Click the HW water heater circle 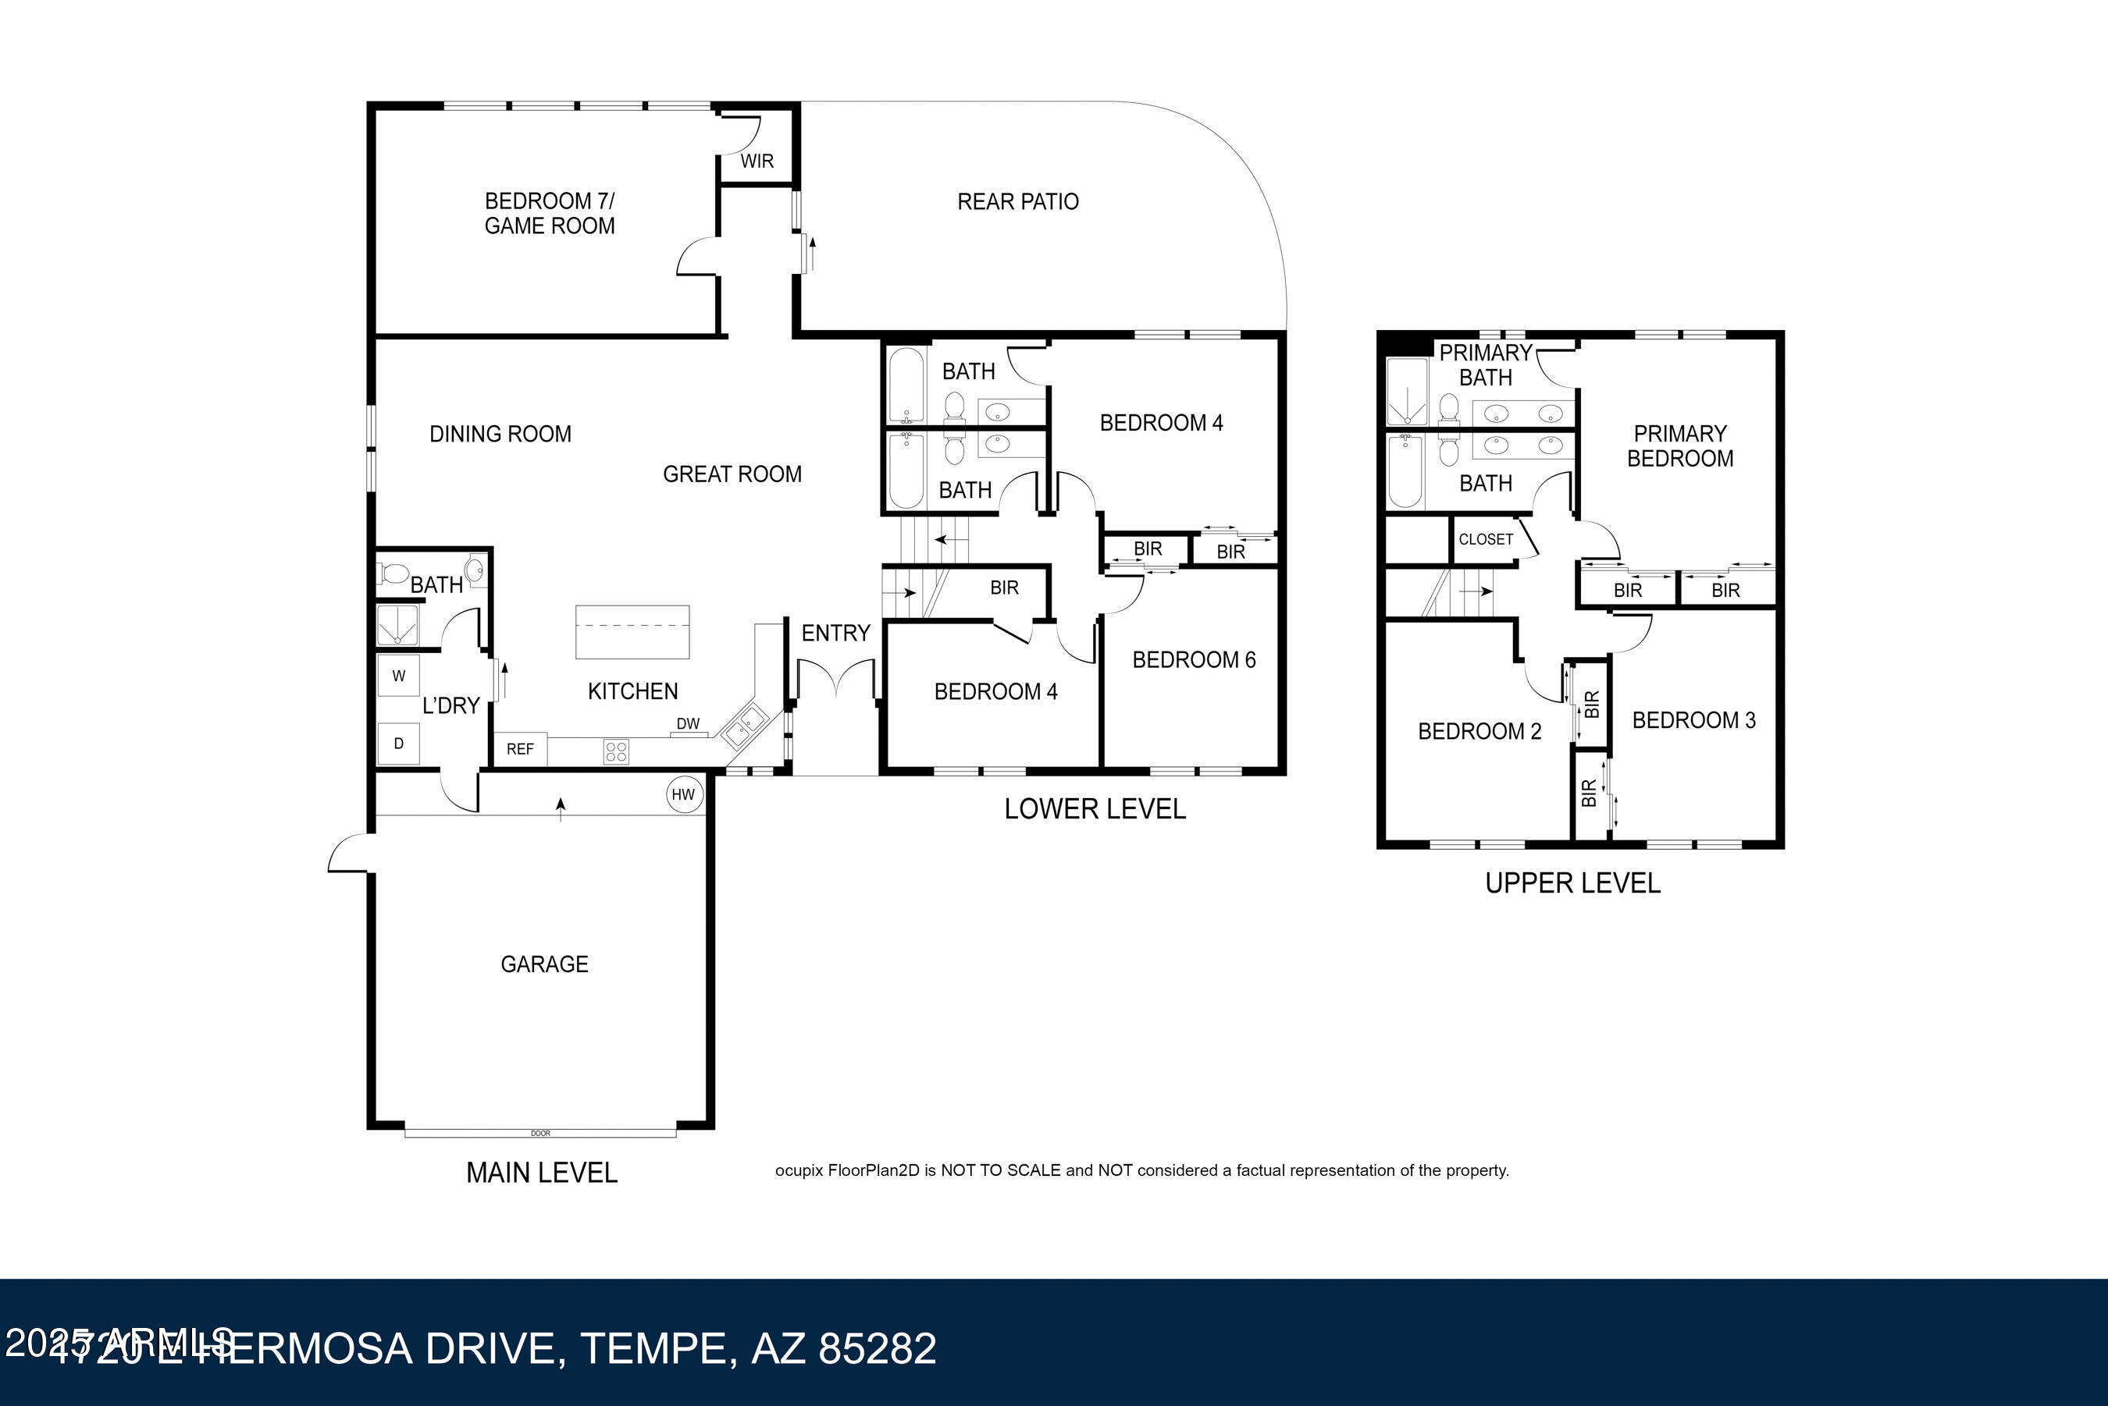tap(683, 794)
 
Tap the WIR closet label tap(757, 162)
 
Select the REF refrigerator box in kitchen tap(520, 749)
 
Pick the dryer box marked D tap(399, 744)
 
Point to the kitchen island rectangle tap(632, 632)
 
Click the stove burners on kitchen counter tap(616, 751)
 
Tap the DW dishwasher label tap(688, 723)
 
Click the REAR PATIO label tap(1017, 202)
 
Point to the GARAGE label tap(544, 964)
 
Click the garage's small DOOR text tap(540, 1134)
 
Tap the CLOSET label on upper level tap(1486, 539)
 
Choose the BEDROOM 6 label tap(1193, 660)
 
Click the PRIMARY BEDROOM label tap(1679, 446)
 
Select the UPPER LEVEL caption tap(1572, 883)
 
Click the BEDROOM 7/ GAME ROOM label tap(549, 214)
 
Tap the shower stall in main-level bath tap(397, 625)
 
